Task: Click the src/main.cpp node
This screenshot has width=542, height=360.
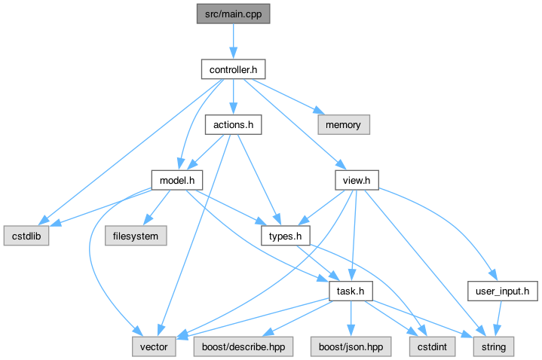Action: click(233, 14)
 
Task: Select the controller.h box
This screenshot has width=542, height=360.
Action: click(233, 70)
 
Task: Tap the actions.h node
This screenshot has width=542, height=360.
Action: click(233, 125)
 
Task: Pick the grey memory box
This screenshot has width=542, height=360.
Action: click(342, 125)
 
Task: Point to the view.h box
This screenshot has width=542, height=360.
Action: click(357, 180)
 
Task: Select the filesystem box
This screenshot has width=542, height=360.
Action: click(136, 235)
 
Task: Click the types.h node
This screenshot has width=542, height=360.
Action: click(286, 236)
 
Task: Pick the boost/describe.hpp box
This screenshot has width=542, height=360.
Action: click(245, 346)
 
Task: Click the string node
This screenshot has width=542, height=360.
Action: click(493, 346)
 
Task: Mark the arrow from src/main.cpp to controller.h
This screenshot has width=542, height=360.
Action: click(233, 41)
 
